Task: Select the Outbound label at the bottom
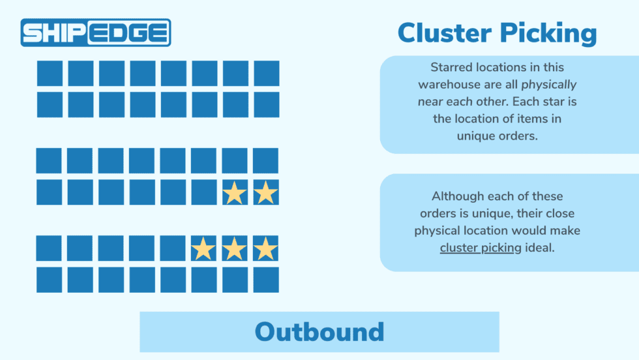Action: pyautogui.click(x=319, y=332)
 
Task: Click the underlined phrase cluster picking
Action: pyautogui.click(x=480, y=247)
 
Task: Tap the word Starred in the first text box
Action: pyautogui.click(x=451, y=67)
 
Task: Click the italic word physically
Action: pyautogui.click(x=549, y=85)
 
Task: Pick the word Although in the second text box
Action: pyautogui.click(x=454, y=196)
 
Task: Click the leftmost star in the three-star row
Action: pyautogui.click(x=203, y=248)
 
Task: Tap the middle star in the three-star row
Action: pyautogui.click(x=235, y=248)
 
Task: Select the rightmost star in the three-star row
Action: pyautogui.click(x=265, y=248)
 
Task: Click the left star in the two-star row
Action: pyautogui.click(x=235, y=192)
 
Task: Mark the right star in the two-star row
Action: pyautogui.click(x=265, y=192)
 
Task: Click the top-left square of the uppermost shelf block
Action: pyautogui.click(x=50, y=73)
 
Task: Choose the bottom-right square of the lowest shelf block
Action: pyautogui.click(x=265, y=279)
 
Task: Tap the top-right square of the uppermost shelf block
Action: pyautogui.click(x=266, y=73)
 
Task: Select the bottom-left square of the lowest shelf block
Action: pyautogui.click(x=49, y=279)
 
